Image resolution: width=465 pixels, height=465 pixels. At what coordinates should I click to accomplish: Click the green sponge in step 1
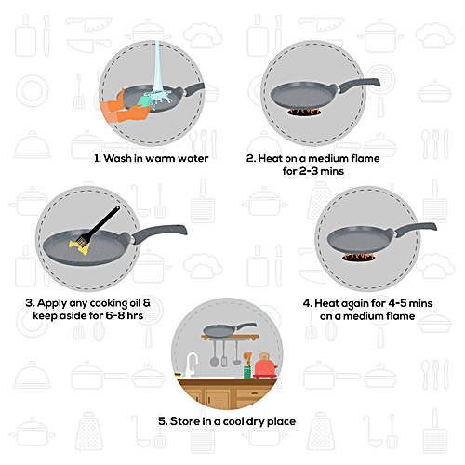(x=148, y=96)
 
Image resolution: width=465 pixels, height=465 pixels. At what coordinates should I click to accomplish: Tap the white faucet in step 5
(x=192, y=364)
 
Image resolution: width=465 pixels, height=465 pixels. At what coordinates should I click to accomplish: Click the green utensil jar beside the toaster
(x=246, y=369)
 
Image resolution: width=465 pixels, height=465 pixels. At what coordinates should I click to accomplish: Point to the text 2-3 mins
(x=292, y=171)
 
